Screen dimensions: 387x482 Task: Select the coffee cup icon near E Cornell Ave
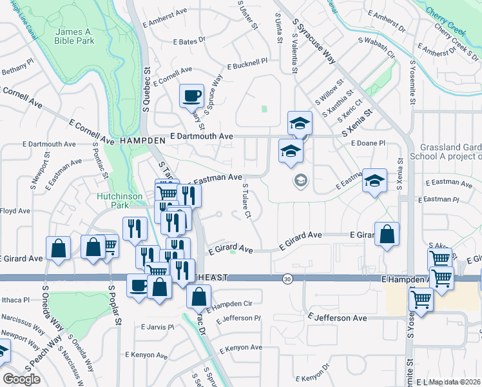(x=191, y=97)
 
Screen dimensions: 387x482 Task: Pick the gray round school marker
(x=300, y=181)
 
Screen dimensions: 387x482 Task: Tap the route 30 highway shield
(x=287, y=279)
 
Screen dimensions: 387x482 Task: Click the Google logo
(x=21, y=379)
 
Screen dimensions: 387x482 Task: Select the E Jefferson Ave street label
(x=337, y=318)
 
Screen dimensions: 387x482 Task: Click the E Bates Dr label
(x=189, y=40)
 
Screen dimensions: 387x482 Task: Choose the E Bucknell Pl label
(x=247, y=64)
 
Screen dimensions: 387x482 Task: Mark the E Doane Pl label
(x=369, y=143)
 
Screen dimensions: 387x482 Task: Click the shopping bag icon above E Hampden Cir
(x=198, y=297)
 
